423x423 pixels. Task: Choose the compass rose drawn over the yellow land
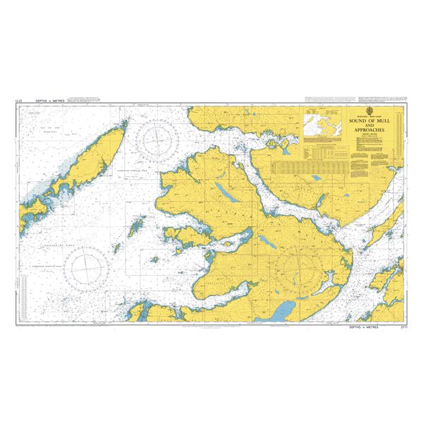tap(297, 269)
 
